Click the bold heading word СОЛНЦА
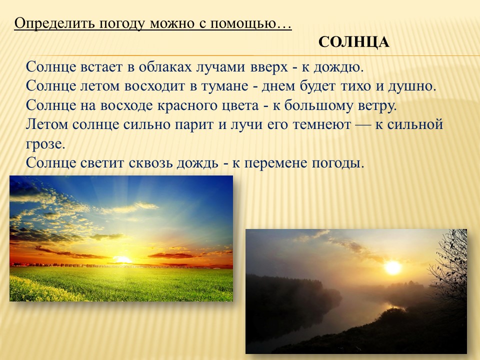354,42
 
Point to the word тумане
224,86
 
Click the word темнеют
321,124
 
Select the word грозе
45,144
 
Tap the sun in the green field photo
122,260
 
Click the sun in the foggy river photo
393,267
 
